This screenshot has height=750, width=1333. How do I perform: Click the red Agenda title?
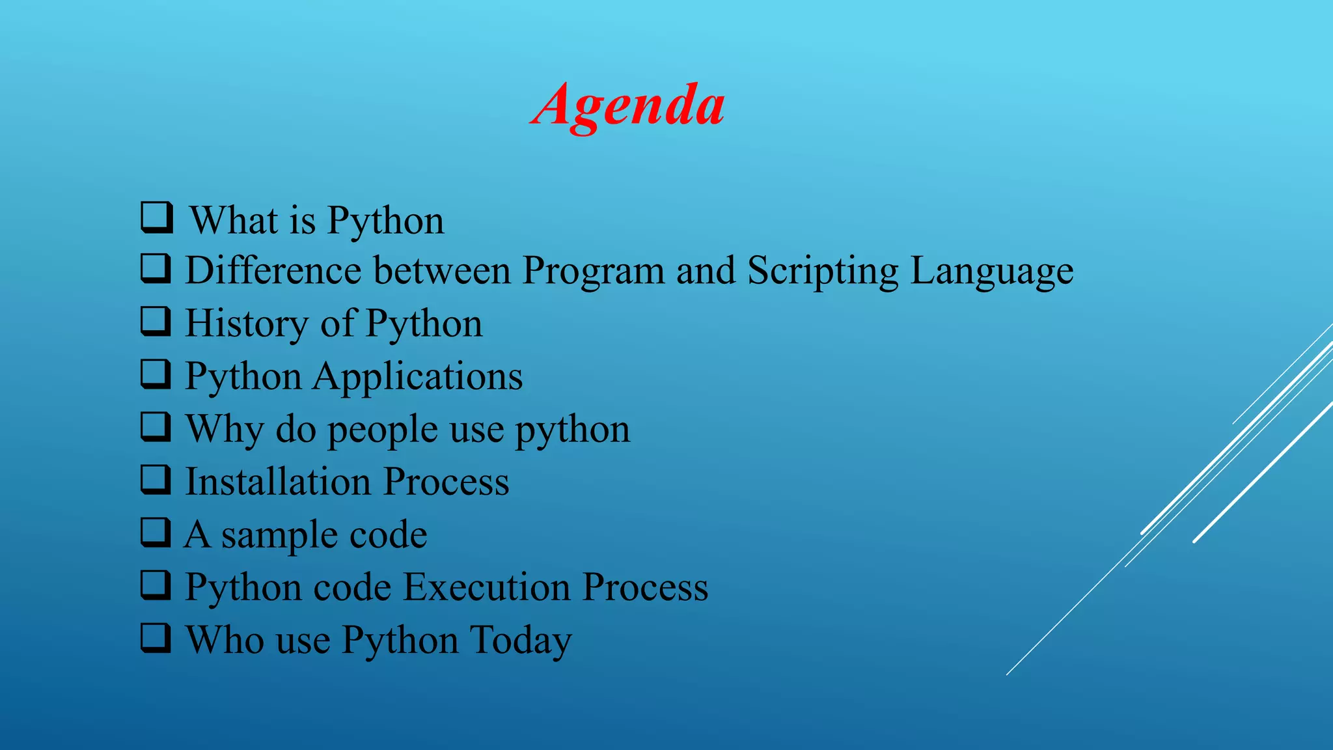click(x=627, y=105)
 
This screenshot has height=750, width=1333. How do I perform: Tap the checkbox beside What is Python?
click(x=156, y=217)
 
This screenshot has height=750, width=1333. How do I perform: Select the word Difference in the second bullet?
click(x=273, y=271)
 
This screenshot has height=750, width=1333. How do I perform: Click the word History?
click(x=247, y=324)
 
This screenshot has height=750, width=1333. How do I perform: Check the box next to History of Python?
click(x=156, y=321)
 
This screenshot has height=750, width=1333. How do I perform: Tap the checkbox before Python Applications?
click(x=156, y=374)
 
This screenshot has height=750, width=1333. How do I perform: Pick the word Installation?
click(x=279, y=482)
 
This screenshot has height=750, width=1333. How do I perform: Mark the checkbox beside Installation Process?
click(x=156, y=480)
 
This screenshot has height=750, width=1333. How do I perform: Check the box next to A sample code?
click(x=156, y=533)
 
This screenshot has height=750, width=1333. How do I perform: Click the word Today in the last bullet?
click(x=520, y=641)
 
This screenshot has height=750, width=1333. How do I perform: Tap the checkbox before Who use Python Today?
click(x=156, y=638)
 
